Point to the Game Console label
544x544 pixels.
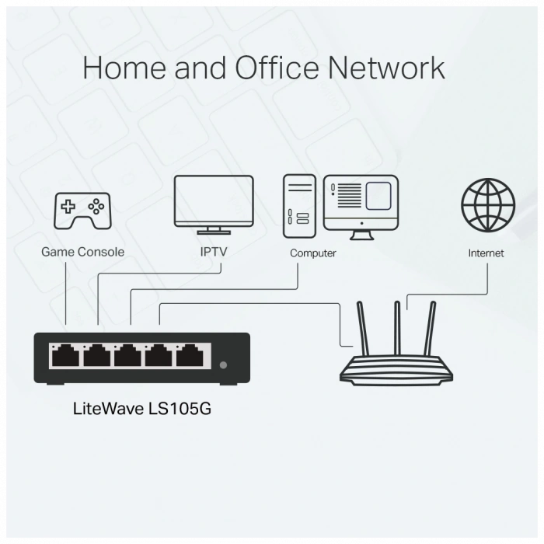click(x=82, y=252)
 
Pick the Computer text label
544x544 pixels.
click(x=312, y=253)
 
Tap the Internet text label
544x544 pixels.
click(x=486, y=253)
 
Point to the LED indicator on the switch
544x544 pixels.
click(x=224, y=364)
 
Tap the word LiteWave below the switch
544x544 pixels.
click(x=107, y=407)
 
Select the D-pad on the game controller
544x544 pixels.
click(x=68, y=207)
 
